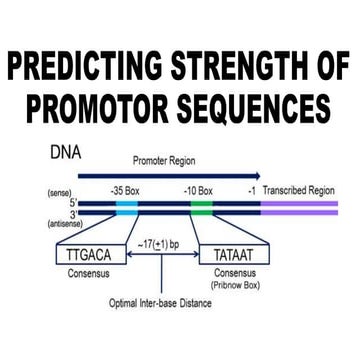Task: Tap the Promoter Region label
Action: coord(165,160)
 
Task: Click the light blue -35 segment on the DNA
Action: coord(128,208)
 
